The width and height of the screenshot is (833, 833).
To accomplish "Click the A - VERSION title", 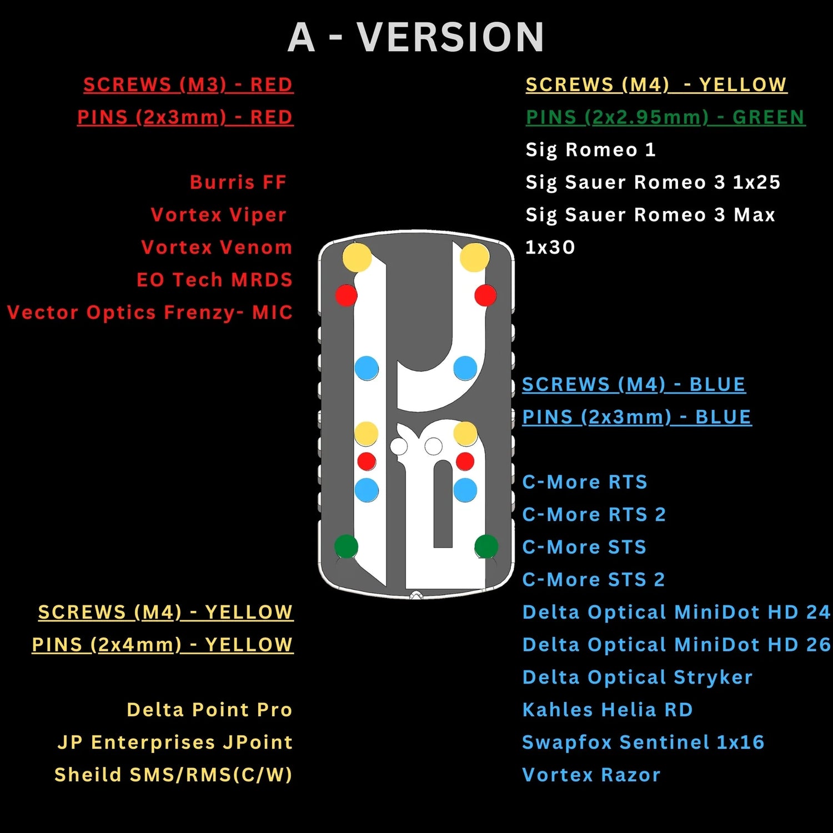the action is tap(416, 37).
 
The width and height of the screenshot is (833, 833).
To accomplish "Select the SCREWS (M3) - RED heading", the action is tap(188, 85).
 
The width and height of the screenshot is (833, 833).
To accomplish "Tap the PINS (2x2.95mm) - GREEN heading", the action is tap(665, 117).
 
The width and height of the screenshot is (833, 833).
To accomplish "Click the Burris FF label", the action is tap(238, 182).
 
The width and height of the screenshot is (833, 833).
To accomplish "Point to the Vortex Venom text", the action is tap(217, 247).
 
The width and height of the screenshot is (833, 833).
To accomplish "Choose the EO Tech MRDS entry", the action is tap(215, 280).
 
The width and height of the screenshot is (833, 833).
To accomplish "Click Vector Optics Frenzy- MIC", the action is tap(150, 313).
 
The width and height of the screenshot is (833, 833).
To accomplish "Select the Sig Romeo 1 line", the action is tap(591, 150).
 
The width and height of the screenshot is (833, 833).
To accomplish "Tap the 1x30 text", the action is tap(550, 247).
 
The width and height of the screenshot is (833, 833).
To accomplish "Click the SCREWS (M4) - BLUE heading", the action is tap(634, 384).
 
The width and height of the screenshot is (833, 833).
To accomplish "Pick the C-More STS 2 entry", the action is tap(594, 580).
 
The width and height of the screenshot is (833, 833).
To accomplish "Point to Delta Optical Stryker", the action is tap(638, 678).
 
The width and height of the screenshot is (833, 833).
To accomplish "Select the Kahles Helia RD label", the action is tap(608, 710).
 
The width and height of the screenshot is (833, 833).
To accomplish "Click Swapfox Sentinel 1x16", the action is tap(644, 742).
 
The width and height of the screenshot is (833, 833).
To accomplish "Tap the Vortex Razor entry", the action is tap(591, 775).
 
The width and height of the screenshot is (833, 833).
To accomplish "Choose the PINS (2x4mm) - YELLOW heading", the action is tap(163, 645).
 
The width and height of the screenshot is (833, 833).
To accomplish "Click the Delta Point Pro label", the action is tap(209, 710).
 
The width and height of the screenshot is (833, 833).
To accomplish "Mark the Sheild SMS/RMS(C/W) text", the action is tap(173, 775).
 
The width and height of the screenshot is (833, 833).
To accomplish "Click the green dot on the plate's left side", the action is tap(347, 546).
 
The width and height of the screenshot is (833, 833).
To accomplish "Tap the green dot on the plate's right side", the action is tap(486, 546).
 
